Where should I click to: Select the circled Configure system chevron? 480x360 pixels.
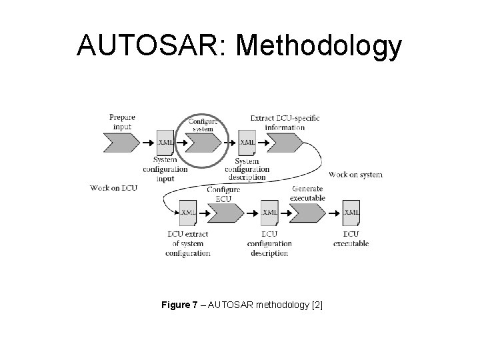point(202,142)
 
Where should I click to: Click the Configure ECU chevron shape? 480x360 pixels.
point(225,213)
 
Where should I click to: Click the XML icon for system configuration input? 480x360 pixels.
point(165,142)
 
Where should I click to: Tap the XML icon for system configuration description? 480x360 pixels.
point(247,142)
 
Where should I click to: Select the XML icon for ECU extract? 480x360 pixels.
point(187,213)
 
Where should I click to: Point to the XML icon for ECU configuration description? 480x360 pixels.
point(269,213)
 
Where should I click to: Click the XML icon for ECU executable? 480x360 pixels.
point(351,213)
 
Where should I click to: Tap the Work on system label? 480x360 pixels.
point(356,175)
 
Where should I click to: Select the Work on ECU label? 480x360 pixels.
point(113,189)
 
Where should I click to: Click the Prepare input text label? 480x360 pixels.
point(123,122)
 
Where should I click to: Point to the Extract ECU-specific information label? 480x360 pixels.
point(285,123)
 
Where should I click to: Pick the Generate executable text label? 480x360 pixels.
point(307,193)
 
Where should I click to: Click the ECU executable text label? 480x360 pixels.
point(351,239)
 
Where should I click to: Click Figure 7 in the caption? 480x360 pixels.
point(183,305)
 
